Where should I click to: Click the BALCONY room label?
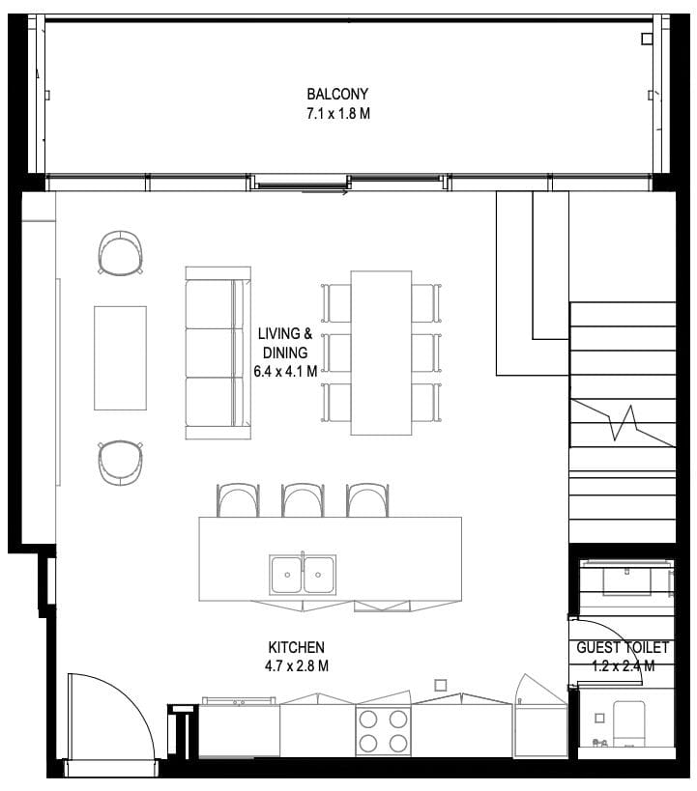point(337,94)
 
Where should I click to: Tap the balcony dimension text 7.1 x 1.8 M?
point(338,114)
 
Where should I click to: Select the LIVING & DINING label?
point(285,343)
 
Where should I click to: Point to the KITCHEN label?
point(297,647)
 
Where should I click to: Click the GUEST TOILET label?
point(623,647)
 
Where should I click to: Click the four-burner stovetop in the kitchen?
point(384,730)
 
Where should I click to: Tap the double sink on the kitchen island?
point(303,575)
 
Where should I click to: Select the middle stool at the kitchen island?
point(303,500)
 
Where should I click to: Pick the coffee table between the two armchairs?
point(120,357)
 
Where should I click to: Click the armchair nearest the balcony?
point(120,252)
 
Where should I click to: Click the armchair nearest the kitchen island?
point(120,463)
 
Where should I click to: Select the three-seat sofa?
point(218,353)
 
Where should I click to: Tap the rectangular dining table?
point(381,353)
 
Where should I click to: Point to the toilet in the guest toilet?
point(628,723)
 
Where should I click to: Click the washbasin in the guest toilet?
point(626,580)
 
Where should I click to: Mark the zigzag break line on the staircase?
point(623,423)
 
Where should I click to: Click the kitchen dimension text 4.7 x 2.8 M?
point(297,665)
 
